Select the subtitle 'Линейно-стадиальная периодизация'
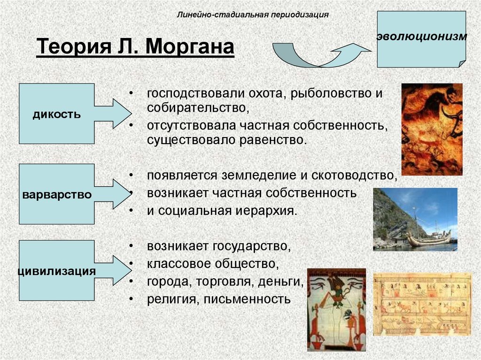[252, 14]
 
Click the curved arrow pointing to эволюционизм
[319, 55]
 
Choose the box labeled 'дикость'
[57, 114]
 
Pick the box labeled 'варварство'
[57, 194]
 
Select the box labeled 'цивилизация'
[57, 270]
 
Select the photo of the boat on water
[415, 219]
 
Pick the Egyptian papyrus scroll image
[422, 304]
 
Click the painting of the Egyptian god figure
[336, 309]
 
